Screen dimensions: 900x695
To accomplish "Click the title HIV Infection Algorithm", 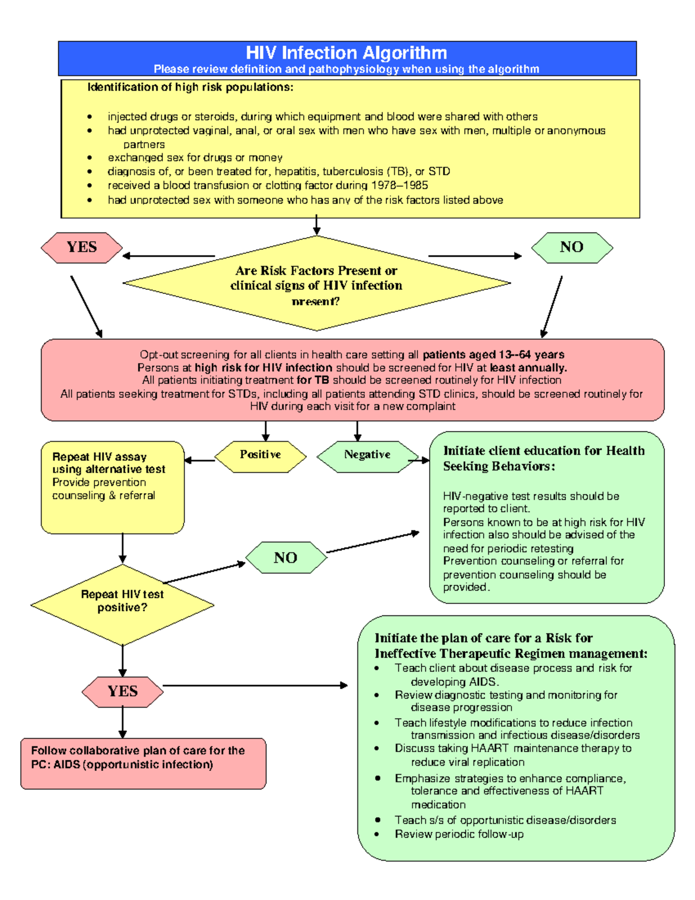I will pos(346,53).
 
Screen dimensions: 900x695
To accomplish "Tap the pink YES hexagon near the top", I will pos(82,247).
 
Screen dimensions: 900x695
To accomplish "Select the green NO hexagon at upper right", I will pos(572,247).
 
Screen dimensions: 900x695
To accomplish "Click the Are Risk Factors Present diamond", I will pos(316,283).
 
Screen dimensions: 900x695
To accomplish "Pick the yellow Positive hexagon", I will pos(260,456).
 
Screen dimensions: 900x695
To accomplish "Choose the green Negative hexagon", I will pos(367,456).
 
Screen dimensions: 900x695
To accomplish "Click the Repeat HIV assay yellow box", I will pos(112,487).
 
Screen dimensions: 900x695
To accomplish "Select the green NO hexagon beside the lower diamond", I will pos(286,558).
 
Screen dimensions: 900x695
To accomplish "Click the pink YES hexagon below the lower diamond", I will pos(122,691).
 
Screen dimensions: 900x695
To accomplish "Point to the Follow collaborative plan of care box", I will pos(143,763).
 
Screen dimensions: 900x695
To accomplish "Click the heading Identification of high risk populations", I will pos(191,88).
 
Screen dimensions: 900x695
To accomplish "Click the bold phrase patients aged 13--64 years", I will pos(493,355).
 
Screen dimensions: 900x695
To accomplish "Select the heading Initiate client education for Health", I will pos(543,451).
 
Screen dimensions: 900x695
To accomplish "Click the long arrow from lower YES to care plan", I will pos(255,686).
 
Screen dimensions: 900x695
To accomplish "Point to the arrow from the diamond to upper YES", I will pos(168,256).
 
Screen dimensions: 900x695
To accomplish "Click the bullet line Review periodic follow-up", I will pos(459,834).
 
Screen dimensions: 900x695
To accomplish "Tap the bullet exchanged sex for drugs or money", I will pos(195,158).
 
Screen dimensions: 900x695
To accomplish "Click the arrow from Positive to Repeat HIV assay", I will pos(200,461).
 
